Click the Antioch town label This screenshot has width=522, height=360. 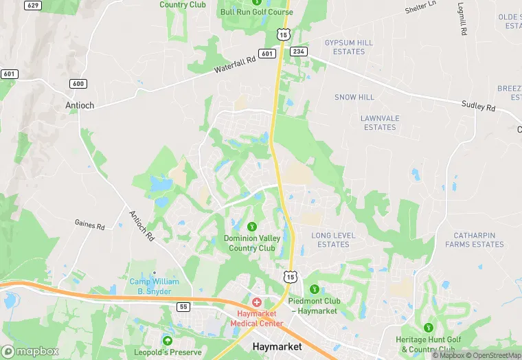click(x=79, y=105)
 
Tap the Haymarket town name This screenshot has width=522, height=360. click(x=277, y=347)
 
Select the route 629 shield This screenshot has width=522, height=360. click(x=32, y=5)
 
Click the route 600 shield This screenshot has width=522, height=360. click(x=78, y=84)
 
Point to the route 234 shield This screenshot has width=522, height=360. click(x=298, y=51)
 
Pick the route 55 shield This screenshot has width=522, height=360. click(x=182, y=306)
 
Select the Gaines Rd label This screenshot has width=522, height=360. click(x=89, y=225)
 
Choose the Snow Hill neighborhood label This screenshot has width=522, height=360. click(x=354, y=98)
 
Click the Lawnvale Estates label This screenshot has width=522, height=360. click(x=380, y=122)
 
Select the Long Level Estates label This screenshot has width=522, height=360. click(x=334, y=240)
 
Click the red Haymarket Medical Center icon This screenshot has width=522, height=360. click(x=257, y=302)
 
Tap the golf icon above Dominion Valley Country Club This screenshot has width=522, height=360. click(x=252, y=225)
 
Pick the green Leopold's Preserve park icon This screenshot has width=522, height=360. click(x=167, y=341)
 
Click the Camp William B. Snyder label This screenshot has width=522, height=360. click(x=155, y=286)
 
